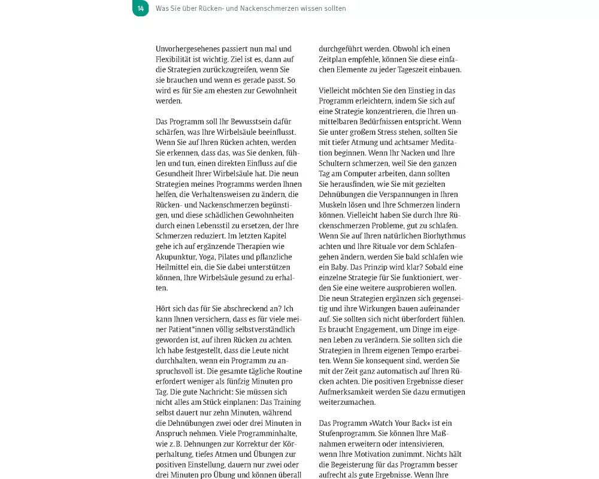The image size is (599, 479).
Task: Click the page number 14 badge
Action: [x=140, y=8]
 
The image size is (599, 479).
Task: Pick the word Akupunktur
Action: [x=177, y=256]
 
